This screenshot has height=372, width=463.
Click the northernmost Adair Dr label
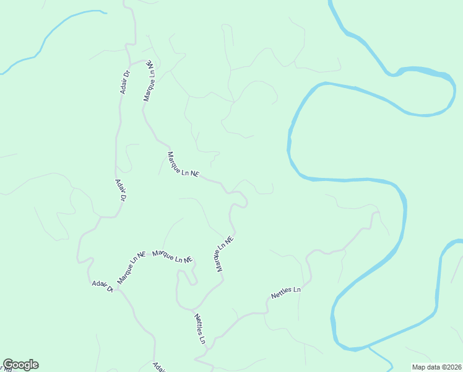tap(126, 82)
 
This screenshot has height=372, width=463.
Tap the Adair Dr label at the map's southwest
tap(103, 286)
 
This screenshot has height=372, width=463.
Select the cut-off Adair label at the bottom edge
tap(160, 366)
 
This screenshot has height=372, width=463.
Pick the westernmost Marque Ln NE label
tap(131, 267)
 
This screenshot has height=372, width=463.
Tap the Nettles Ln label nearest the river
tap(285, 293)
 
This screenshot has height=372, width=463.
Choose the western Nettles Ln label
tap(199, 329)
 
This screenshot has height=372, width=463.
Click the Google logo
tap(20, 365)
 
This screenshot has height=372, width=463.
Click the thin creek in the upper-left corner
tap(56, 28)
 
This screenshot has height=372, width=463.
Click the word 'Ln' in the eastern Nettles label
tap(296, 290)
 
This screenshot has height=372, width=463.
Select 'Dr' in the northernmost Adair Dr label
tap(127, 74)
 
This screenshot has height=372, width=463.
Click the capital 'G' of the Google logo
tap(9, 365)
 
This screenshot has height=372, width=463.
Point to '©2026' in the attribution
tap(449, 366)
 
